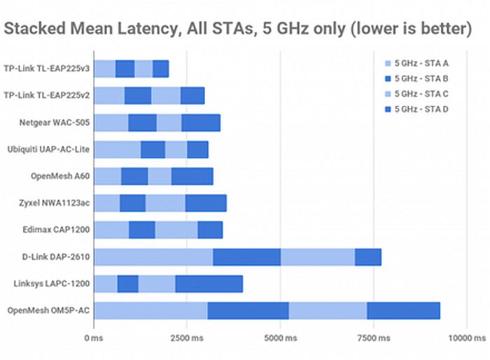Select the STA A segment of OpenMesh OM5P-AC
point(150,310)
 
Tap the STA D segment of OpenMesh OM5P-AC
point(403,310)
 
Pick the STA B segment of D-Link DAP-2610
point(246,257)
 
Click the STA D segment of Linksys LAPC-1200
point(209,284)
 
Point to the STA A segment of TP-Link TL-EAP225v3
point(104,69)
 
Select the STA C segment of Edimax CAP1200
point(176,230)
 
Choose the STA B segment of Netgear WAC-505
point(142,123)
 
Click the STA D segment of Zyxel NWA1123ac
point(205,203)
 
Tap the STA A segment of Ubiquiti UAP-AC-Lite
point(117,149)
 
